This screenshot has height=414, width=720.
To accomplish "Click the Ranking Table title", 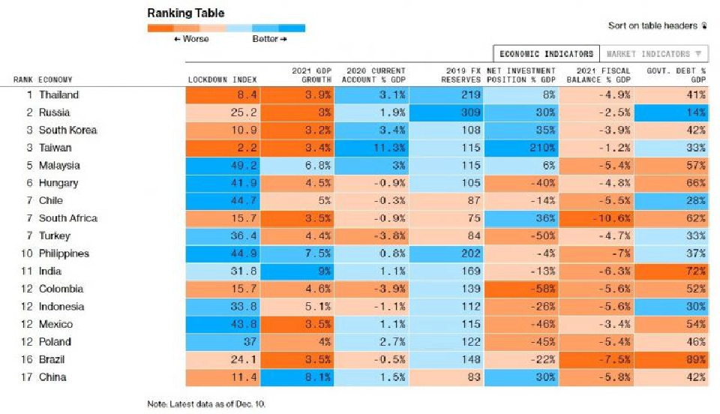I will pos(185,13).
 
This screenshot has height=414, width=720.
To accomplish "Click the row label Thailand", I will pos(58,95).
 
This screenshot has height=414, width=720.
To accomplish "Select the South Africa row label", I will pos(67,218).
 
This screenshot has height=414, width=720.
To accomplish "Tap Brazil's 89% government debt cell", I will pos(671,359).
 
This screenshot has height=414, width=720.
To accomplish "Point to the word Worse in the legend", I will pos(195,39).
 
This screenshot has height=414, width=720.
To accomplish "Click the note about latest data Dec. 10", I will pos(206,404).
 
